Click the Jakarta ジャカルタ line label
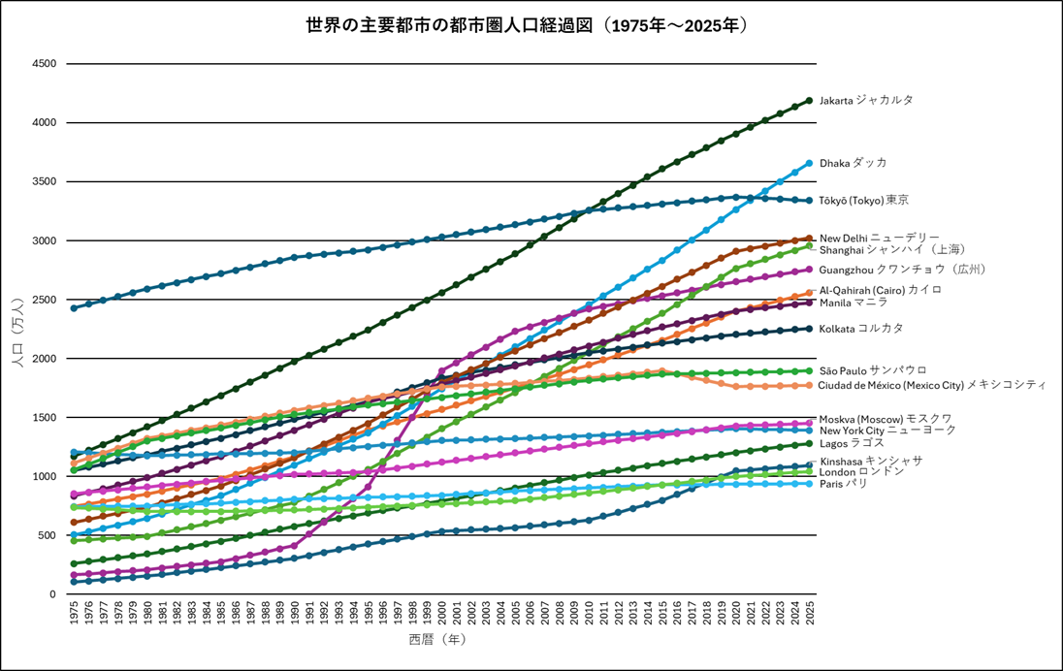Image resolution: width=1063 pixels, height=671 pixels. pos(866,100)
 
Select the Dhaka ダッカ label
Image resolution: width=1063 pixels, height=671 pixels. pos(853,163)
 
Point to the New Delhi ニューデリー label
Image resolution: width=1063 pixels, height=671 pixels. pos(879,238)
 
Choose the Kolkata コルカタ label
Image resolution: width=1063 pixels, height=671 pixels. pos(860,329)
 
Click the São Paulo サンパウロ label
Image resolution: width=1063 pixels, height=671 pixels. pos(872,370)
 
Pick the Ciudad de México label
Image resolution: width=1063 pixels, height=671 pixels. pos(931,385)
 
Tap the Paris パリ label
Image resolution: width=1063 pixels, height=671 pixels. pos(843,483)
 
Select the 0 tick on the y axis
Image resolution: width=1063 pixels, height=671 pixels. pos(52,594)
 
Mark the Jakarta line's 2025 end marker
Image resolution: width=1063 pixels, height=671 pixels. pos(809,101)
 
